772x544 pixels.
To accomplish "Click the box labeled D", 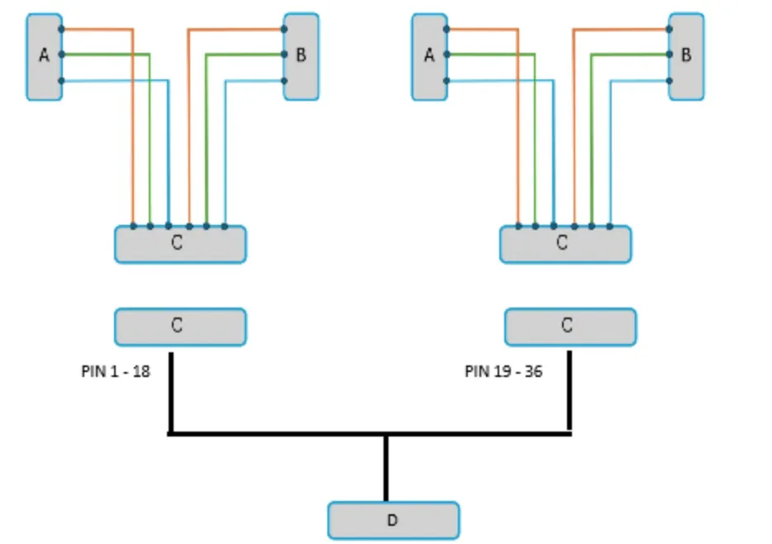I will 393,520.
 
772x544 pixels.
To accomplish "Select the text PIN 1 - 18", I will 116,371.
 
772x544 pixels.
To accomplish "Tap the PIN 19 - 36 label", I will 503,371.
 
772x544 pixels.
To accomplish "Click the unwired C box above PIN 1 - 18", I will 180,326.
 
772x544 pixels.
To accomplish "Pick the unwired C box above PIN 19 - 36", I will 570,326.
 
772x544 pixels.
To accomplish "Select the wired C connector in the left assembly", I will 180,245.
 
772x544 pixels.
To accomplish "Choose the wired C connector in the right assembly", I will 565,245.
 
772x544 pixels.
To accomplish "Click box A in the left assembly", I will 44,56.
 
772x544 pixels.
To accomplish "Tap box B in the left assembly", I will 301,56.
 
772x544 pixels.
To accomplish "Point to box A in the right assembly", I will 429,56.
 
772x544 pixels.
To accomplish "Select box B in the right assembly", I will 686,56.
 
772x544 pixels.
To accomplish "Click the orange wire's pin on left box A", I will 61,30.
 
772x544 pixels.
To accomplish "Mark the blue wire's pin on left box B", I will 284,81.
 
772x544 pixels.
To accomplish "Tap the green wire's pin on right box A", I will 446,55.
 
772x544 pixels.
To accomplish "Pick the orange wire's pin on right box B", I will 669,30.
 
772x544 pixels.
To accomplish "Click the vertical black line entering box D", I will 386,468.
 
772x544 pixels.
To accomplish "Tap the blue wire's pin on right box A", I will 446,81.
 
